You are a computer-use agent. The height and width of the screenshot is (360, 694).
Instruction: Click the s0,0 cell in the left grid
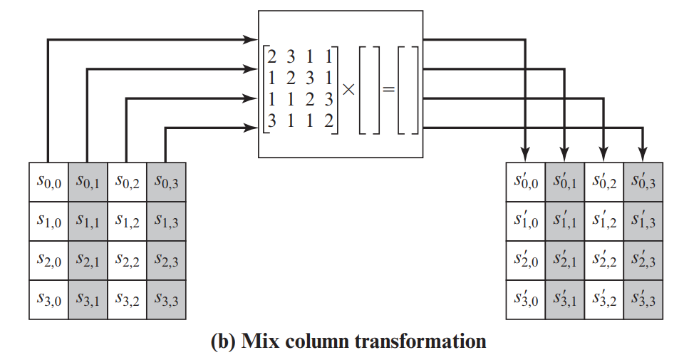click(x=48, y=182)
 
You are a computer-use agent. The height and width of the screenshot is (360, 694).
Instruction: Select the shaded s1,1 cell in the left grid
click(x=88, y=222)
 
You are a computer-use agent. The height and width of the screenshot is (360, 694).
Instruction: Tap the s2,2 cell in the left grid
click(x=127, y=261)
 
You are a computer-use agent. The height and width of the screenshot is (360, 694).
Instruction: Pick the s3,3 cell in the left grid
click(x=166, y=300)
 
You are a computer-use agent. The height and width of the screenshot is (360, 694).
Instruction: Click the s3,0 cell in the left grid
click(x=48, y=300)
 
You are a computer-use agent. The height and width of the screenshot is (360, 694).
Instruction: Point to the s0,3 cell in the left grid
click(x=166, y=182)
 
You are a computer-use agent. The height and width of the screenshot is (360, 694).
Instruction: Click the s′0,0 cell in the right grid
click(x=526, y=182)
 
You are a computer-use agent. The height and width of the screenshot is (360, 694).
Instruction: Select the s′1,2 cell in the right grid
click(x=604, y=222)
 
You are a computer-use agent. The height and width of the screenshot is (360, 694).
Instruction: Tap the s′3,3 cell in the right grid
click(x=643, y=300)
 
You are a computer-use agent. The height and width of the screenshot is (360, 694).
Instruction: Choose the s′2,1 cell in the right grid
click(x=565, y=261)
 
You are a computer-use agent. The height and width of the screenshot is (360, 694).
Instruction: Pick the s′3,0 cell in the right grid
click(x=526, y=300)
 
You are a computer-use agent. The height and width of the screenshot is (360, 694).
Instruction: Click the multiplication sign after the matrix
click(x=348, y=89)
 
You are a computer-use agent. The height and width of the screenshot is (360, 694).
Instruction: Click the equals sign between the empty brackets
click(x=388, y=90)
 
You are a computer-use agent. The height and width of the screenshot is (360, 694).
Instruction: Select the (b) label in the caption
click(x=224, y=341)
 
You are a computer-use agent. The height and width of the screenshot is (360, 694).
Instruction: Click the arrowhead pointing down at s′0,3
click(x=643, y=153)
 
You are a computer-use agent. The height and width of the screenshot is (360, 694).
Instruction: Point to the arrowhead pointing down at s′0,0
click(x=526, y=153)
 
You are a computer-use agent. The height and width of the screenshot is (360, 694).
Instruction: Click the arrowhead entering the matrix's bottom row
click(x=250, y=128)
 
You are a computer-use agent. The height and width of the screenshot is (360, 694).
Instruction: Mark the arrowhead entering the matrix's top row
click(x=250, y=38)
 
